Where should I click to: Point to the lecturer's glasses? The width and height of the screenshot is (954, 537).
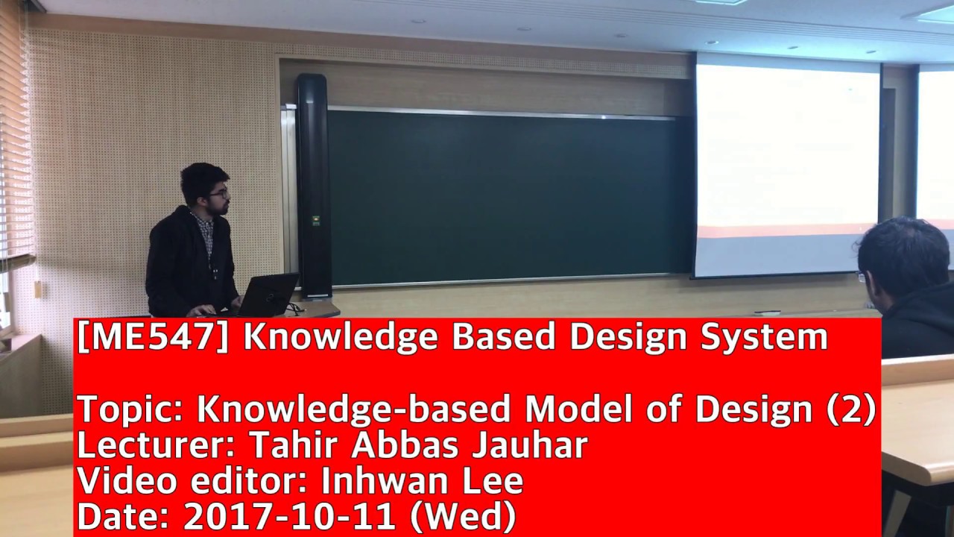[x=218, y=194]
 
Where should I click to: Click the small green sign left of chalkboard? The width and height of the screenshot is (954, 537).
[x=316, y=220]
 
